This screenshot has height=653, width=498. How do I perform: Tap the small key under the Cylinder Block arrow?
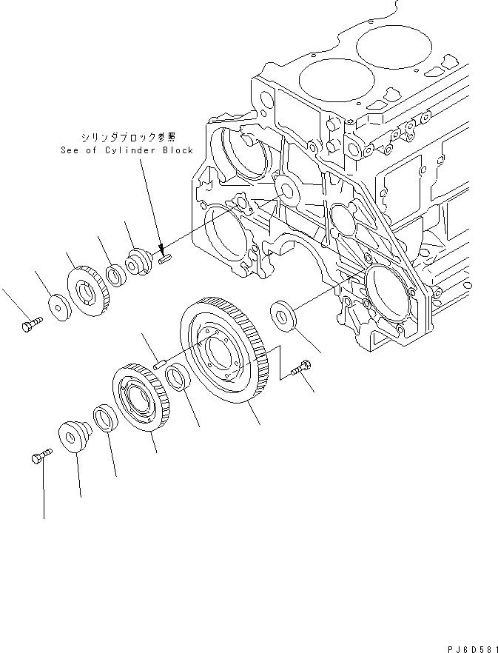click(x=165, y=258)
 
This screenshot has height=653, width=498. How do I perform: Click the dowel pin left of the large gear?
click(x=158, y=362)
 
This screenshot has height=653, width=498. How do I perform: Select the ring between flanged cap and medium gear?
click(x=103, y=418)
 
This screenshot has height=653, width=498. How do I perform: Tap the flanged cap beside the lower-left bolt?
click(x=73, y=436)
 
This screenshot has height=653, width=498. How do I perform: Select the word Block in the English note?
click(x=178, y=150)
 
